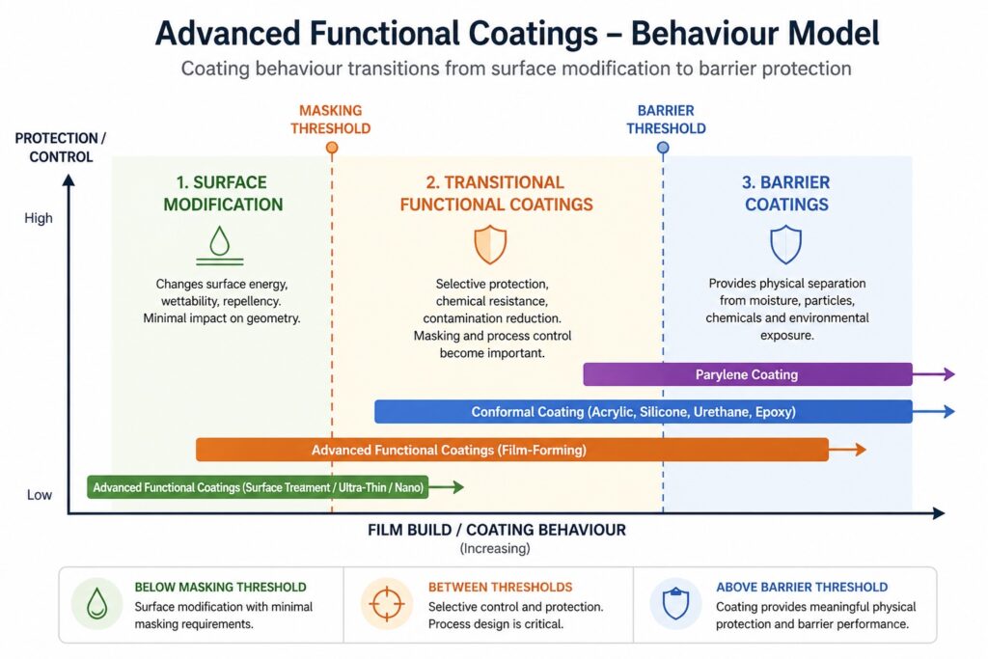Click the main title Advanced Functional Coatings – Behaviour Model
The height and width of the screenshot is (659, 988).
[517, 34]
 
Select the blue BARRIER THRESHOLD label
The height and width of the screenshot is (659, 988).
[665, 120]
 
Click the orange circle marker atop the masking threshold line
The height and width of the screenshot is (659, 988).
[332, 148]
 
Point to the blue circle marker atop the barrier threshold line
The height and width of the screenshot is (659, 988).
[663, 148]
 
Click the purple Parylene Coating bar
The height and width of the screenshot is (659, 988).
[747, 374]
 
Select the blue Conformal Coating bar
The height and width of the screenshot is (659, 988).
[643, 412]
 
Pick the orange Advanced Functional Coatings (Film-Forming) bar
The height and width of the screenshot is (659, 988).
[511, 450]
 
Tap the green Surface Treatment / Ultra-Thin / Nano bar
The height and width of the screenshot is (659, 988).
[258, 487]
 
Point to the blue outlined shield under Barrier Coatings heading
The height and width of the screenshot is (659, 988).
[785, 245]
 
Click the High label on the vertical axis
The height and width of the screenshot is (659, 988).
[39, 219]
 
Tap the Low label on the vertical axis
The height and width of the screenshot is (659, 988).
[39, 495]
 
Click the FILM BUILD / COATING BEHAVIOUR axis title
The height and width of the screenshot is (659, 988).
[496, 530]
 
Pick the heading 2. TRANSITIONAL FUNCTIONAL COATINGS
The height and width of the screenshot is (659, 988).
[496, 193]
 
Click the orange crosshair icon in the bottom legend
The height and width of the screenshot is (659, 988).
[386, 605]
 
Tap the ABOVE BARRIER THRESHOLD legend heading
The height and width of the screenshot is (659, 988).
[801, 587]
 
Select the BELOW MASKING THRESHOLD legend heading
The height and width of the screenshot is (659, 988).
[220, 587]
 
